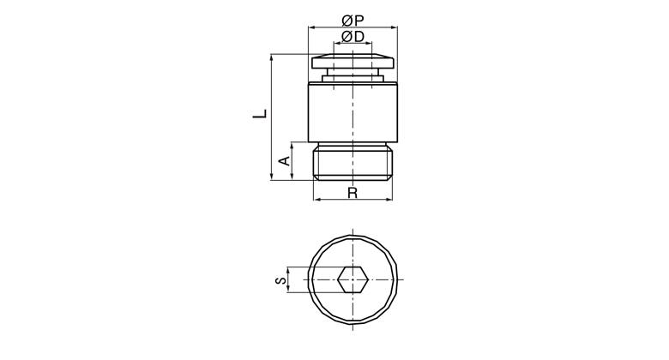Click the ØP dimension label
pos(353,20)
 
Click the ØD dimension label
pos(353,37)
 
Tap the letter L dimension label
pos(260,113)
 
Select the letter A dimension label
pos(284,161)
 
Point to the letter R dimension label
pos(352,193)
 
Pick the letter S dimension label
pos(280,280)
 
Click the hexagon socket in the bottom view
pos(353,279)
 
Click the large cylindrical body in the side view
pos(353,112)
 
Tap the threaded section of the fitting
pos(353,163)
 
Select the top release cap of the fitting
pos(353,61)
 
